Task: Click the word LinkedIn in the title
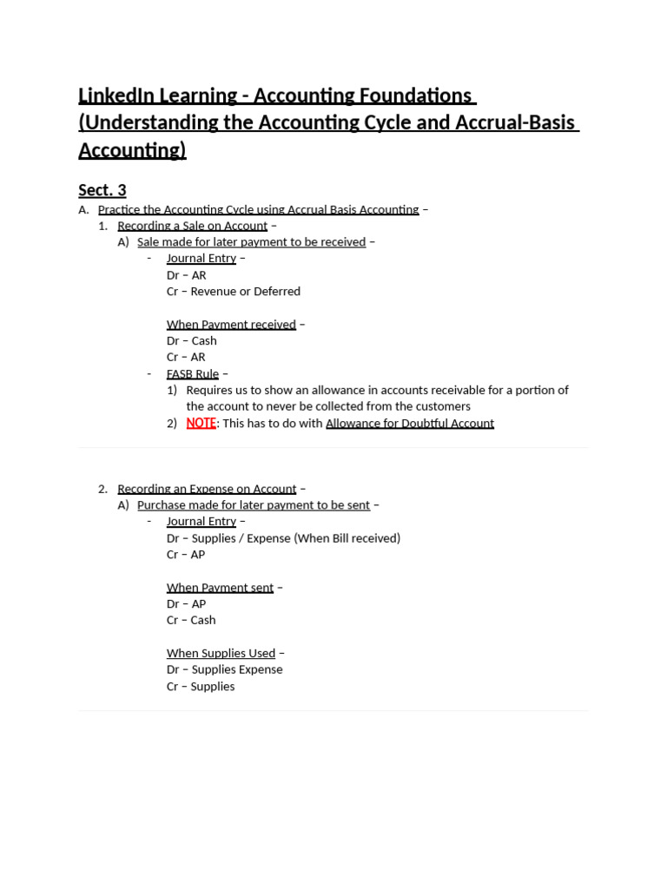(x=116, y=95)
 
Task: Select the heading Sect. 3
(x=102, y=189)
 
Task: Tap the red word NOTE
(x=201, y=423)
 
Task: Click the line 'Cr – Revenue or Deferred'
(x=234, y=292)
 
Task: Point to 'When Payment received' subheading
(x=231, y=325)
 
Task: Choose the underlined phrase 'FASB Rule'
(x=193, y=374)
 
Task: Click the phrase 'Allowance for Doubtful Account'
(x=410, y=424)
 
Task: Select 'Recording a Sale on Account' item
(x=192, y=226)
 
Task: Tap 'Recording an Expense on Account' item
(x=207, y=489)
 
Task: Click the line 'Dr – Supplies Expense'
(x=224, y=669)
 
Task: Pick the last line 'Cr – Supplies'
(x=201, y=686)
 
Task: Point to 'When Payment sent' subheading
(x=220, y=588)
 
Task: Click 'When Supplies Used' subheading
(x=221, y=653)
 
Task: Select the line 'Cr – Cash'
(x=191, y=620)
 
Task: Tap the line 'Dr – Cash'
(x=191, y=341)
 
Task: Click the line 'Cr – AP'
(x=186, y=555)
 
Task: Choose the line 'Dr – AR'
(x=186, y=275)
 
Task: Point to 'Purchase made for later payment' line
(x=253, y=505)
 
